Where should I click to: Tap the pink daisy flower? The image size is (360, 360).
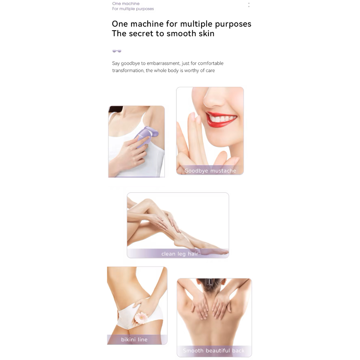141,319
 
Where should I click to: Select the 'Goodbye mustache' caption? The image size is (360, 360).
210,171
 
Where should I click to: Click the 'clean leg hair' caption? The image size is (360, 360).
180,254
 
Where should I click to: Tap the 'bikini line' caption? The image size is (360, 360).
134,339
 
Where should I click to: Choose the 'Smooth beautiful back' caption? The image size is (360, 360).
214,351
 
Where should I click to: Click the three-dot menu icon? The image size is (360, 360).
249,5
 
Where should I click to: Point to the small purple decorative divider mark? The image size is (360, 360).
117,51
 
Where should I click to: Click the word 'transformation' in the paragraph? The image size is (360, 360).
128,70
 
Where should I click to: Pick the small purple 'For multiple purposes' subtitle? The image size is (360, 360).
133,9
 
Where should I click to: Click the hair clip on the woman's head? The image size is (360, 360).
210,282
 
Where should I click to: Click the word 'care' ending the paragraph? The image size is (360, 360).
210,70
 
